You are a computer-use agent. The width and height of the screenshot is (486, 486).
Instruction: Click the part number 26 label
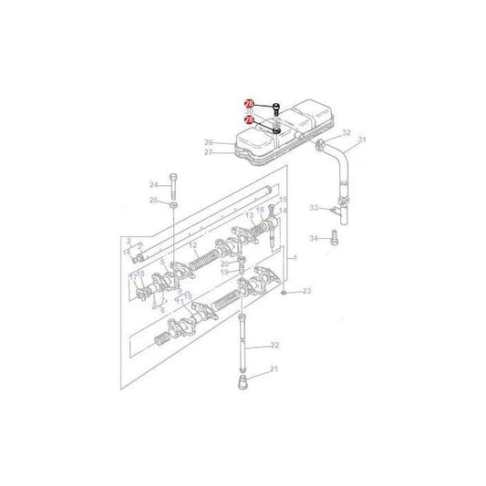(x=208, y=143)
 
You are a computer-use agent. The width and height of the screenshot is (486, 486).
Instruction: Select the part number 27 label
(x=208, y=153)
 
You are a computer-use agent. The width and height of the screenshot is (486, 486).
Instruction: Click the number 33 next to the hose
(x=313, y=209)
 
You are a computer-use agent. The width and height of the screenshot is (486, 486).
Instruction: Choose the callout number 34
(x=313, y=239)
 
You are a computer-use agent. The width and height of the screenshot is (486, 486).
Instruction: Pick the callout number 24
(x=154, y=184)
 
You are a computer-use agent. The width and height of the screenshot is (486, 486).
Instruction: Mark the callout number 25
(x=154, y=201)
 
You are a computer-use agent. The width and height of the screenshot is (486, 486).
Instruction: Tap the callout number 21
(x=269, y=371)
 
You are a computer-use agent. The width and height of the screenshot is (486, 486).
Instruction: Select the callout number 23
(x=306, y=291)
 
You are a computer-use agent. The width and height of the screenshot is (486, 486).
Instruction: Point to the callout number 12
(x=192, y=247)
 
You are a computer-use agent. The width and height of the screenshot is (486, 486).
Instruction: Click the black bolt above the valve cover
(x=275, y=109)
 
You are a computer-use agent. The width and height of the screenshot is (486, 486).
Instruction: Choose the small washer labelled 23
(x=286, y=292)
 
